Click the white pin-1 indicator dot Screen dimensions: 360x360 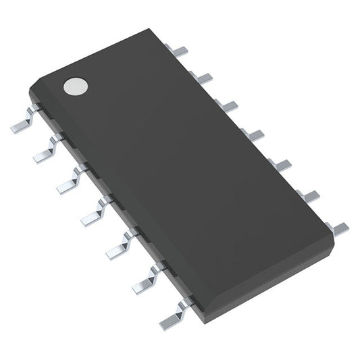coord(76,85)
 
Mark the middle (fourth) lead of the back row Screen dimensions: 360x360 coord(253,134)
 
